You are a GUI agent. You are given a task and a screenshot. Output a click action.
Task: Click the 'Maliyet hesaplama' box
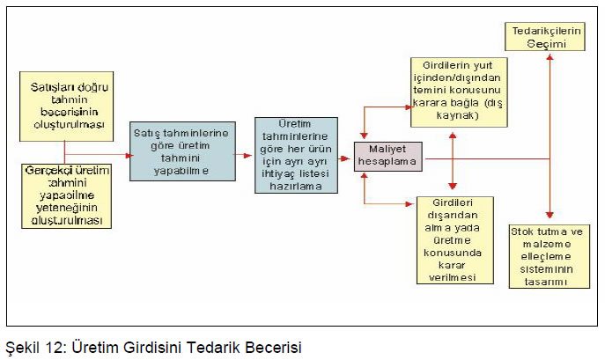[x=388, y=157]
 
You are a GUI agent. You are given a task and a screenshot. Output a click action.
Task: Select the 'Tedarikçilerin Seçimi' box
[x=545, y=37]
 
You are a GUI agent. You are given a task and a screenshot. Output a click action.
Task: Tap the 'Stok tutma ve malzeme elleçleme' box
[x=550, y=257]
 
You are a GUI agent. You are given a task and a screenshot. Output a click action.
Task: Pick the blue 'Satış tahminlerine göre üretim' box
[x=182, y=151]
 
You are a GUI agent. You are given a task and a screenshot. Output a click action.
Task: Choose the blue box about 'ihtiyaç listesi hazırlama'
[x=296, y=155]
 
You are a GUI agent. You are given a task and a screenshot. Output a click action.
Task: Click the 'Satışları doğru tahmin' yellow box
[x=66, y=107]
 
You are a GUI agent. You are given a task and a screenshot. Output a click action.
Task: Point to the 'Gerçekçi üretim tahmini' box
[x=66, y=196]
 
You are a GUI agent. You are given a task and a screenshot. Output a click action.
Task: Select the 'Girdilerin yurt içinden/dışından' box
[x=459, y=92]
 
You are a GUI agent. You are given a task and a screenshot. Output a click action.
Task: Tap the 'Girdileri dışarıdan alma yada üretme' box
[x=455, y=240]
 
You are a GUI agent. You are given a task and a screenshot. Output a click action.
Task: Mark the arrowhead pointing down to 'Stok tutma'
[x=550, y=215]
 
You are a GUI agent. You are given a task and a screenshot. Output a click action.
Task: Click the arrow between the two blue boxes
[x=243, y=156]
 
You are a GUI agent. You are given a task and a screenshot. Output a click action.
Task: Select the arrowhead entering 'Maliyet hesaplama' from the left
[x=346, y=158]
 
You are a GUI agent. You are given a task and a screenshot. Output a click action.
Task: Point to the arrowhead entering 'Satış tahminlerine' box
[x=129, y=156]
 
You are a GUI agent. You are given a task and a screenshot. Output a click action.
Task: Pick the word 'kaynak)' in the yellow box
[x=458, y=115]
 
